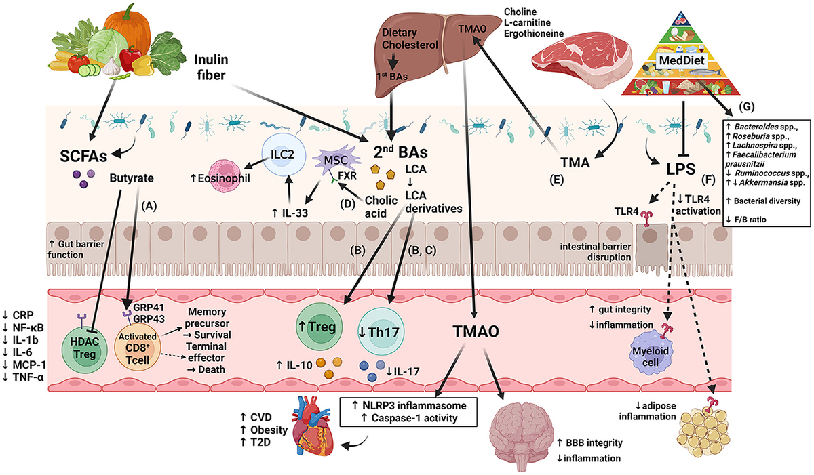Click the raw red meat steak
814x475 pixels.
coord(579,62)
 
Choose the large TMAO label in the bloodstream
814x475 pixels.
coord(480,333)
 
